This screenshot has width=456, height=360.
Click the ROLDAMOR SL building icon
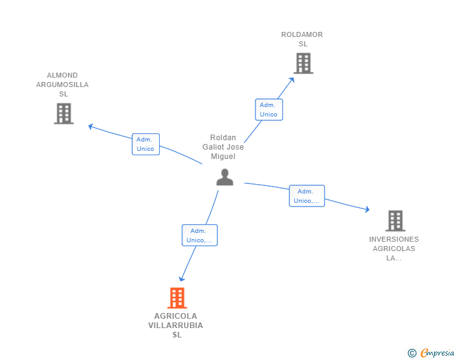pos(303,63)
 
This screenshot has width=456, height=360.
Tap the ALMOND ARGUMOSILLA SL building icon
pos(64,113)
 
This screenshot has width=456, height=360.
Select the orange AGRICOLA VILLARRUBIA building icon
pos(177,298)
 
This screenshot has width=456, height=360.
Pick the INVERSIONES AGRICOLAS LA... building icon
pos(395,221)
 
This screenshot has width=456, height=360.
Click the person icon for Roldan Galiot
pos(225,177)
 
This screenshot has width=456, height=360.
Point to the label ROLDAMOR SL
pos(302,39)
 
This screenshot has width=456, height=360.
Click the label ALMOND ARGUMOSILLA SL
pos(63,85)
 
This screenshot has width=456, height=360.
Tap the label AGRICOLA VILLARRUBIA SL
pos(175,325)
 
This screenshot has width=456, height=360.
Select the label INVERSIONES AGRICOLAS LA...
pos(394,249)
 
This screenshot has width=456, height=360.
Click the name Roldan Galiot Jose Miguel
pos(223,147)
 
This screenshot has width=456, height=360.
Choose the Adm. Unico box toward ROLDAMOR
pos(269,110)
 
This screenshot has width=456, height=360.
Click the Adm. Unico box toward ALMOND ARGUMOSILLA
pos(146,144)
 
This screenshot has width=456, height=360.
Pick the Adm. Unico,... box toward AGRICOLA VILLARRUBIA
pos(200,235)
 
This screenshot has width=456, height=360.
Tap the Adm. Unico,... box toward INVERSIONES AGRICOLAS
pos(307,196)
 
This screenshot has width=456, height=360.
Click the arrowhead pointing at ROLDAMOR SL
pos(291,80)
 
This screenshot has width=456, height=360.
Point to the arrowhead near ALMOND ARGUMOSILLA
pos(91,126)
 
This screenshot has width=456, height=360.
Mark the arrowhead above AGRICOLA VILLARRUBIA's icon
pos(182,279)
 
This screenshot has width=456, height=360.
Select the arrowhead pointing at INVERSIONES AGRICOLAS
pos(368,209)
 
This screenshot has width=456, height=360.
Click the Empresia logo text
pos(437,352)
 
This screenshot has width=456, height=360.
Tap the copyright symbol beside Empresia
pos(412,353)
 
